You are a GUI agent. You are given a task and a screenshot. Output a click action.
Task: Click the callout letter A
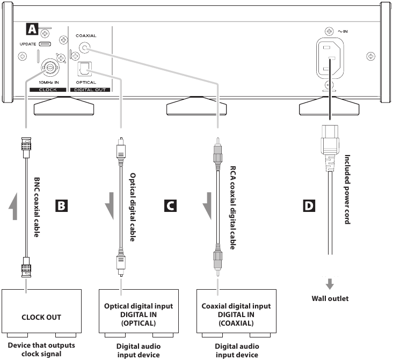pyautogui.click(x=32, y=29)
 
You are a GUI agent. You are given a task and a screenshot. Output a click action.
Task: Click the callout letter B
pyautogui.click(x=61, y=205)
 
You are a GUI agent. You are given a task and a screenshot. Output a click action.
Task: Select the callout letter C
pyautogui.click(x=170, y=205)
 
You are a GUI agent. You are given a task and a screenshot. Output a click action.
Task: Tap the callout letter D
pyautogui.click(x=309, y=205)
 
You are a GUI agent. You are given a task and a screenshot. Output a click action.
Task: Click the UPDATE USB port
pyautogui.click(x=45, y=44)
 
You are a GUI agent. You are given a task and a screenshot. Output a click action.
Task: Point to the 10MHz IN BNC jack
pyautogui.click(x=50, y=67)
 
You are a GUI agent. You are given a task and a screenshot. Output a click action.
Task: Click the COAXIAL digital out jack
pyautogui.click(x=84, y=47)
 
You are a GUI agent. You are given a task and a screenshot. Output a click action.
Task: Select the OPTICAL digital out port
pyautogui.click(x=85, y=69)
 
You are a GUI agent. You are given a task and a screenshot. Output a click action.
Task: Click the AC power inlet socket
pyautogui.click(x=330, y=58)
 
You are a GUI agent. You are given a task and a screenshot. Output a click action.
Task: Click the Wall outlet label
pyautogui.click(x=330, y=298)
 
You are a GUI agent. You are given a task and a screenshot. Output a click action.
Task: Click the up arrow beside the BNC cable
pyautogui.click(x=14, y=207)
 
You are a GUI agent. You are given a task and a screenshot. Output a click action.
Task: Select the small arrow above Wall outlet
pyautogui.click(x=330, y=284)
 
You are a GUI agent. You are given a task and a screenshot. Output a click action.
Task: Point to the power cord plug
pyautogui.click(x=330, y=148)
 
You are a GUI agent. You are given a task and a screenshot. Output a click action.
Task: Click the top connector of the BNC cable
pyautogui.click(x=26, y=148)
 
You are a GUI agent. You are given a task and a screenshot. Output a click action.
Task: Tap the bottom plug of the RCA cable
pyautogui.click(x=218, y=261)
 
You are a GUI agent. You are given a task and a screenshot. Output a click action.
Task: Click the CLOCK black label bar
pyautogui.click(x=48, y=90)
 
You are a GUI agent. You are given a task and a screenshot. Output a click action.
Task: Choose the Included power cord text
pyautogui.click(x=347, y=189)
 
